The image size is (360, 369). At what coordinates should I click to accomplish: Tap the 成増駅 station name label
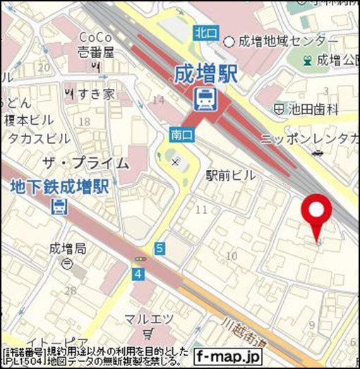[208, 74]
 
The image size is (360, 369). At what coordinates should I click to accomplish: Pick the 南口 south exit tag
[179, 132]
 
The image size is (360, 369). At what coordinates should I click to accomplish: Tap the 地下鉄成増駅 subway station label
[59, 188]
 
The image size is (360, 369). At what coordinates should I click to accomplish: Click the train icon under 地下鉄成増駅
[60, 206]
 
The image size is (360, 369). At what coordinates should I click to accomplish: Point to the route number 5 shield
[160, 248]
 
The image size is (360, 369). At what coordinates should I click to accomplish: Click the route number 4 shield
[138, 273]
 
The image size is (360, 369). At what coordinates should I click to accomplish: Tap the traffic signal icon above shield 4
[138, 260]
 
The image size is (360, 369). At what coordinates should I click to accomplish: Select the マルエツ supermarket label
[148, 319]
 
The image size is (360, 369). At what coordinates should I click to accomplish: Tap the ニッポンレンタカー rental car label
[311, 137]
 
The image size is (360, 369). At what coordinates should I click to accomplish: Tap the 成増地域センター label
[283, 40]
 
